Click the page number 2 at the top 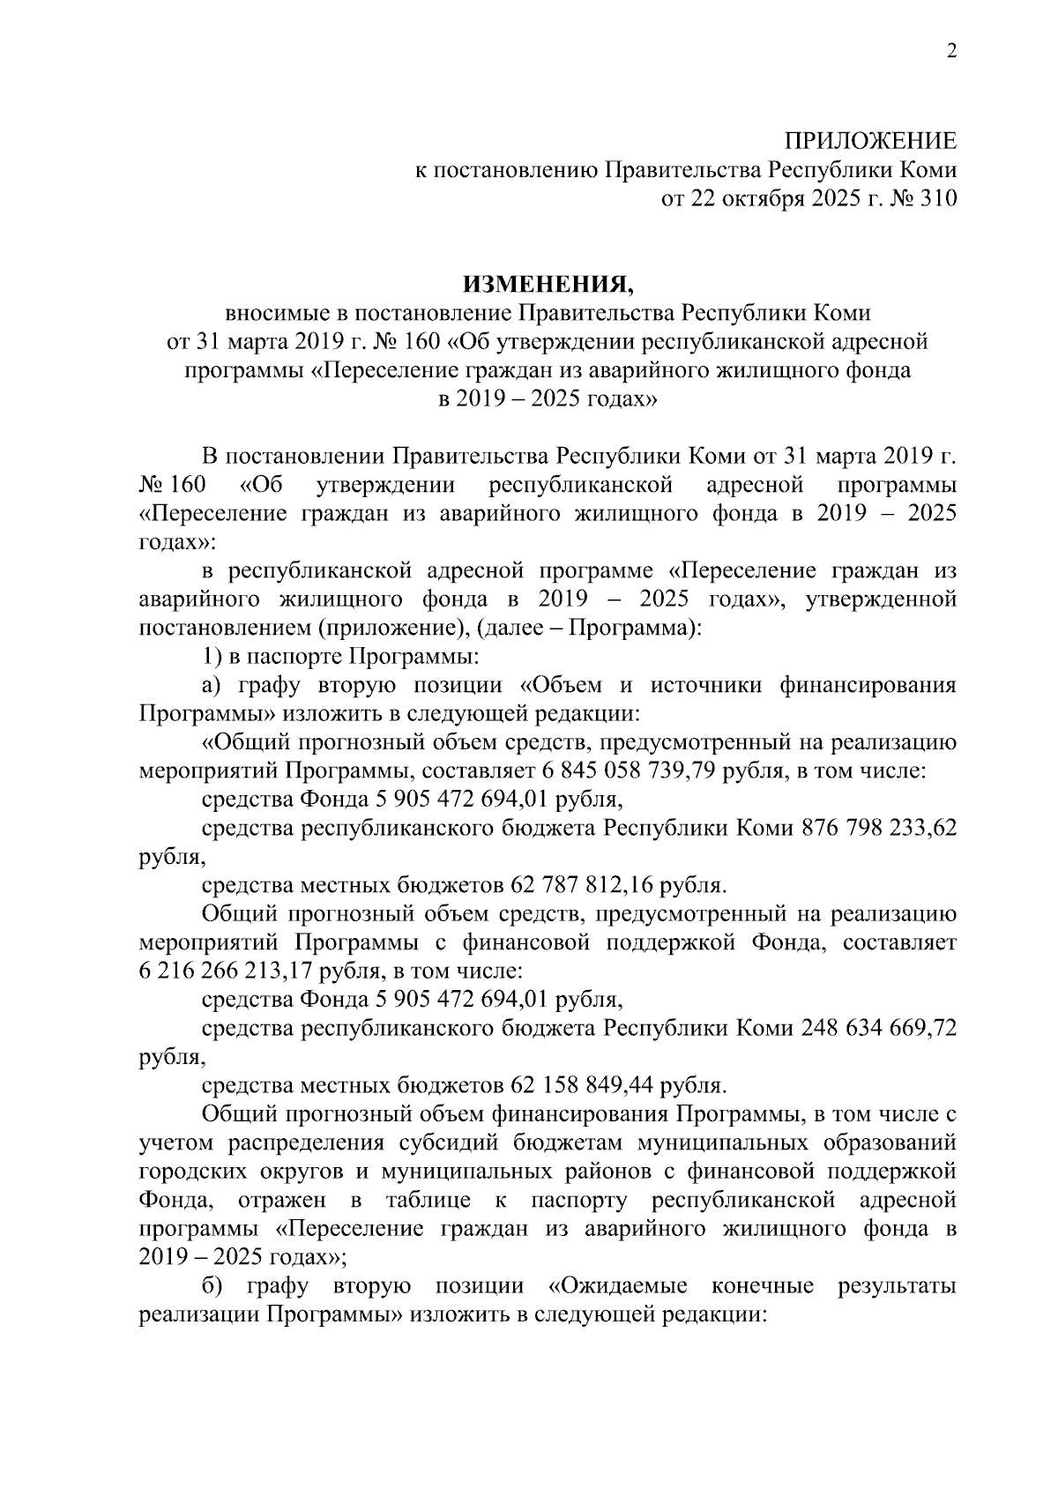pyautogui.click(x=950, y=52)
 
